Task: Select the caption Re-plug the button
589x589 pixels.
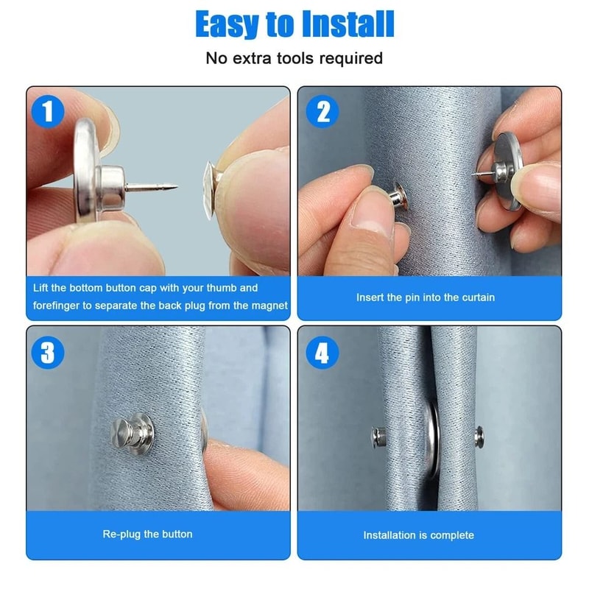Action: point(148,535)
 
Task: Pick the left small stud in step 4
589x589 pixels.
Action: point(378,437)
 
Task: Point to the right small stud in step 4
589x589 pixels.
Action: point(479,435)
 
